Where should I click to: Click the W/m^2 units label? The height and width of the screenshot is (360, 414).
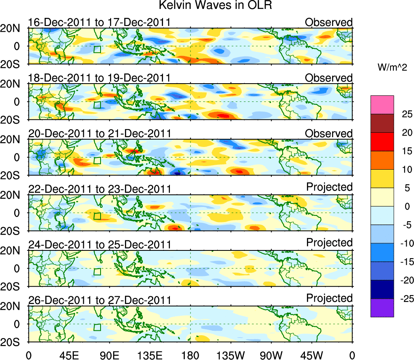click(392, 67)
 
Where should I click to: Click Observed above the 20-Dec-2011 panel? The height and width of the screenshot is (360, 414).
click(329, 134)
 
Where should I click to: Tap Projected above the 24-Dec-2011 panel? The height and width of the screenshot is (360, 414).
click(329, 243)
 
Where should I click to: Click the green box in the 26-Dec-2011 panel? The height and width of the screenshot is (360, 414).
click(97, 328)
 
